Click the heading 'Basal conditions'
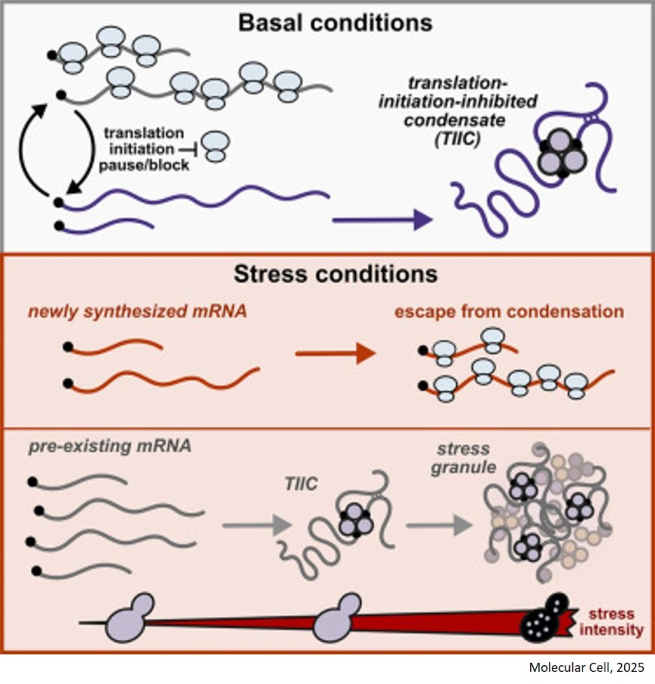335,22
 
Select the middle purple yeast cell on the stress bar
337,617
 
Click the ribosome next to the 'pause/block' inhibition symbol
217,147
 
